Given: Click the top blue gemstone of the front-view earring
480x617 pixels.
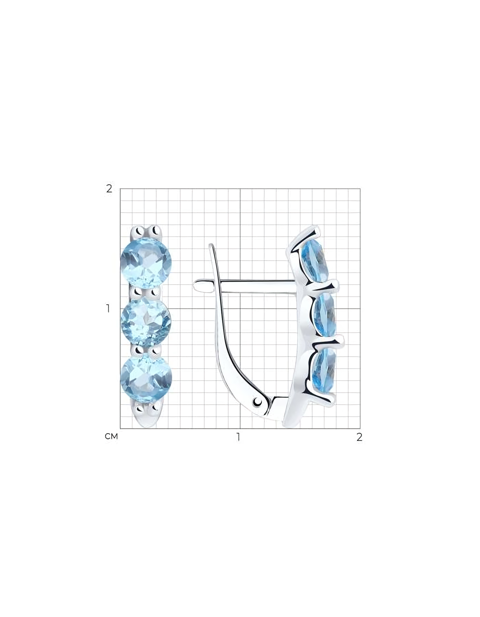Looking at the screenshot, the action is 146,262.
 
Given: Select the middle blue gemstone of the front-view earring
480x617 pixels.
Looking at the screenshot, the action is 146,322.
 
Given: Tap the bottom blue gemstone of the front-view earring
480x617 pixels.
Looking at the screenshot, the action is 146,379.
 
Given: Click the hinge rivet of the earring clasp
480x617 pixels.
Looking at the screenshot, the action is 257,401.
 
